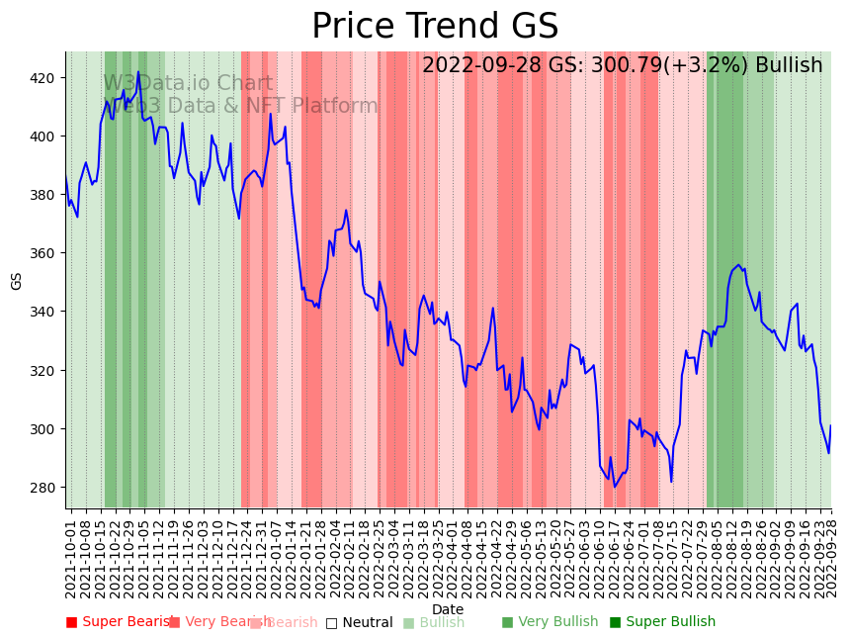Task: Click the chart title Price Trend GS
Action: (435, 27)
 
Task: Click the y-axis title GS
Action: (16, 280)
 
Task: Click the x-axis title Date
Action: (448, 609)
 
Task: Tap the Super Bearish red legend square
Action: (71, 622)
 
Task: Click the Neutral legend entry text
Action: (367, 622)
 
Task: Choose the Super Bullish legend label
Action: (669, 622)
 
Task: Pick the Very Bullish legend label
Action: (558, 622)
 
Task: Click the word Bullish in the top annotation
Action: (789, 65)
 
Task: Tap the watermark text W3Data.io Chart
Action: (188, 83)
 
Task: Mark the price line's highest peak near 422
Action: (138, 71)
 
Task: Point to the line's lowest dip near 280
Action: (615, 487)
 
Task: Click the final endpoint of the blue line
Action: (831, 425)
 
